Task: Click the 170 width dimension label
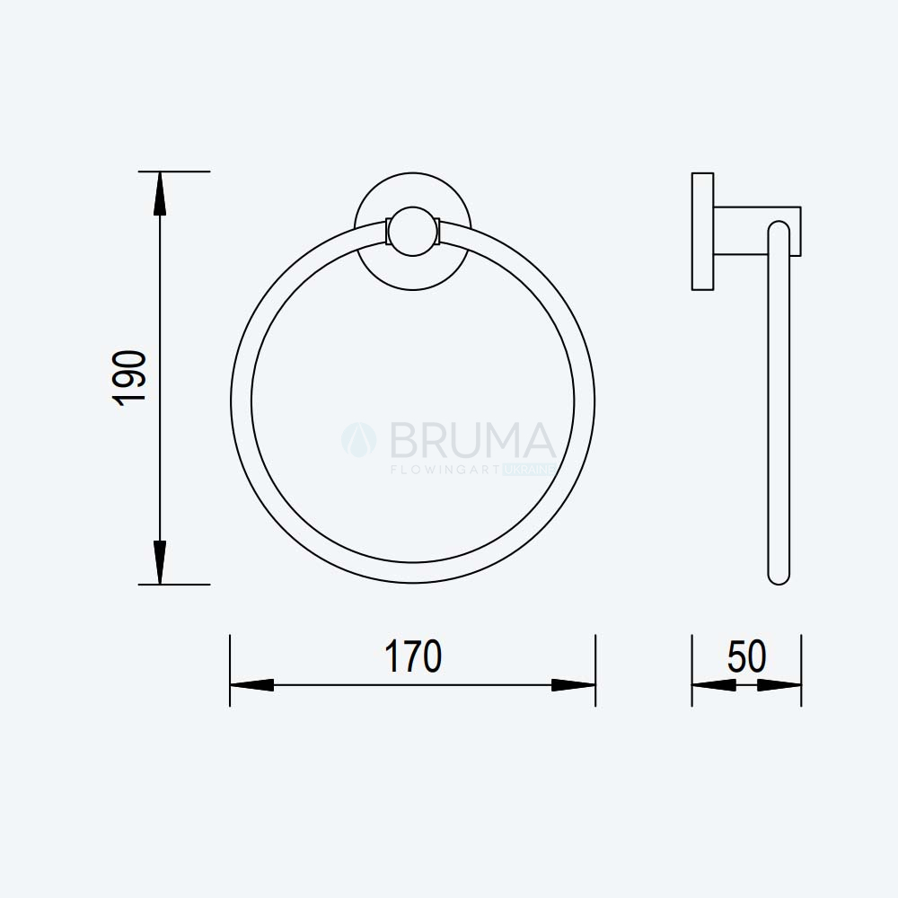pos(413,656)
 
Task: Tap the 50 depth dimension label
pos(747,656)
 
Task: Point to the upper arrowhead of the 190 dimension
pos(160,194)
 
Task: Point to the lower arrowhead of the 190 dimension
pos(160,562)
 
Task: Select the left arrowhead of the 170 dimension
pos(252,685)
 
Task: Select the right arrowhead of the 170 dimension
pos(573,685)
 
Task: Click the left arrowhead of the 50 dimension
pos(714,685)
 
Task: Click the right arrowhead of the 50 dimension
pos(779,685)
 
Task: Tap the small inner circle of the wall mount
pos(413,232)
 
